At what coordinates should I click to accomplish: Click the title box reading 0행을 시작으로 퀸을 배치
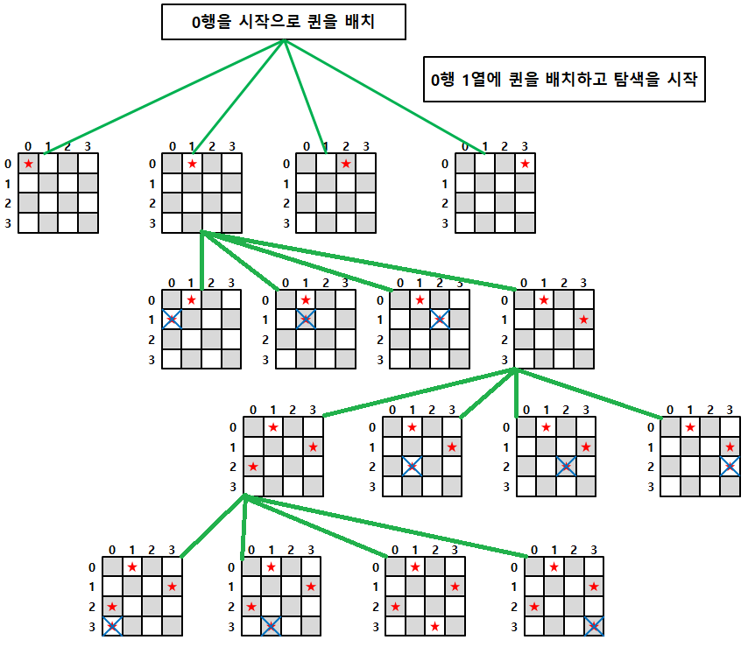click(284, 23)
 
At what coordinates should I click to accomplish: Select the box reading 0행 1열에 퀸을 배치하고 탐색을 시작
click(564, 80)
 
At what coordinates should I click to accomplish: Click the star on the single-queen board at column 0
click(29, 164)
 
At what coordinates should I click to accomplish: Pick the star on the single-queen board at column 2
click(346, 164)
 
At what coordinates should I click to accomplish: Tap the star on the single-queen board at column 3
click(525, 164)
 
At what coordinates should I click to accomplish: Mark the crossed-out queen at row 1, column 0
click(172, 320)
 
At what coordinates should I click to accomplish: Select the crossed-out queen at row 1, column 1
click(305, 320)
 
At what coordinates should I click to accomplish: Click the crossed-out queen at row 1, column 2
click(439, 320)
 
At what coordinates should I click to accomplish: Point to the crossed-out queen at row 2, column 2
click(566, 467)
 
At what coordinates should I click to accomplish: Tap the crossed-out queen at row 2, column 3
click(730, 467)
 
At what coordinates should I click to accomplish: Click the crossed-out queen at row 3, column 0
click(112, 626)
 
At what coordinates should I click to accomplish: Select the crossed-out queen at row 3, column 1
click(272, 626)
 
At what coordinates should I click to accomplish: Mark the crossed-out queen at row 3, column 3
click(594, 626)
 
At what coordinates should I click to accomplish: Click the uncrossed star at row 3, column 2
click(434, 626)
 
